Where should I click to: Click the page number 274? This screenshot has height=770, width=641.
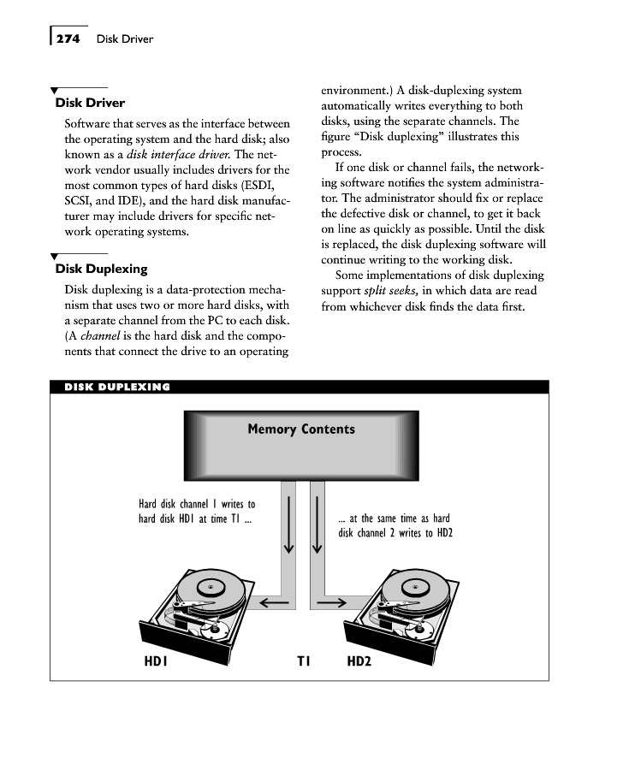pyautogui.click(x=68, y=38)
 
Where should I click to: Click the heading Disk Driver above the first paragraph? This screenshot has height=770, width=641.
pyautogui.click(x=90, y=104)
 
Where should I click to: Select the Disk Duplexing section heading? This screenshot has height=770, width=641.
pyautogui.click(x=101, y=269)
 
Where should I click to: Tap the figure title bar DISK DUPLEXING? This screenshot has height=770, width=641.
pyautogui.click(x=117, y=387)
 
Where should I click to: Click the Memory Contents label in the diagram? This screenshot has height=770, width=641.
pyautogui.click(x=300, y=429)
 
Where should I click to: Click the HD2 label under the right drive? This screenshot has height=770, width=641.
pyautogui.click(x=359, y=661)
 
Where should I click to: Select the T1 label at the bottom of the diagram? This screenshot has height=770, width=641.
pyautogui.click(x=304, y=661)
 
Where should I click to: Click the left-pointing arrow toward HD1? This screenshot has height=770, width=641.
pyautogui.click(x=273, y=602)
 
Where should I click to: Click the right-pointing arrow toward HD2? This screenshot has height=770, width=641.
pyautogui.click(x=330, y=602)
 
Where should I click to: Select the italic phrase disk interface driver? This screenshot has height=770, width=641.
pyautogui.click(x=178, y=155)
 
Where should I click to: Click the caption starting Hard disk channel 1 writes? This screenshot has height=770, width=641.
pyautogui.click(x=196, y=512)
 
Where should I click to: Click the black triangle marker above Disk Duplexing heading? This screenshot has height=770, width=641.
pyautogui.click(x=55, y=256)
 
